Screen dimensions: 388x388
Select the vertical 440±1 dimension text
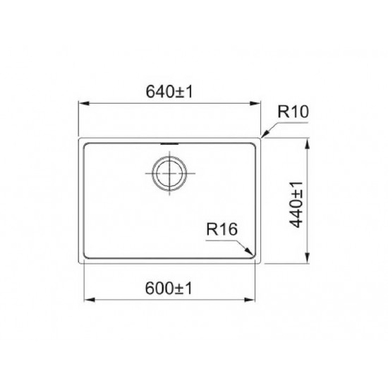coord(297,201)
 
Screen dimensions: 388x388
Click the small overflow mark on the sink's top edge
coord(169,141)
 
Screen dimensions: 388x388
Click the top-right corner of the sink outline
coord(262,138)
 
